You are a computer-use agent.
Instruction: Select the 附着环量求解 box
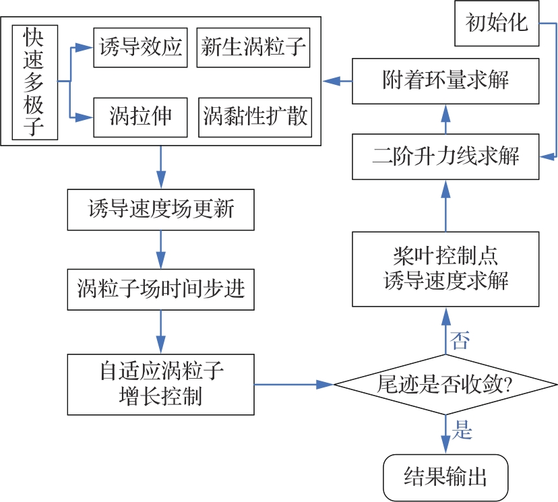(x=445, y=81)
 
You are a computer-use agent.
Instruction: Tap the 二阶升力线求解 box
(x=445, y=156)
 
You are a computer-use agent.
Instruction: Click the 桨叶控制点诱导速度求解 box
(x=445, y=269)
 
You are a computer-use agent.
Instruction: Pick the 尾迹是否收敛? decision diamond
(x=445, y=385)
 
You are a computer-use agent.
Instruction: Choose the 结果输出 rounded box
(x=445, y=477)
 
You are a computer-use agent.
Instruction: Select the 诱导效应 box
(x=140, y=48)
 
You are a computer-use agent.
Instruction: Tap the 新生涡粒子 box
(x=253, y=48)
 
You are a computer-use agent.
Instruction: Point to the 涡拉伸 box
(x=140, y=117)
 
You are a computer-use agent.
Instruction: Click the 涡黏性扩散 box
(x=255, y=117)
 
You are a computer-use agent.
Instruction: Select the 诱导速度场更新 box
(x=160, y=209)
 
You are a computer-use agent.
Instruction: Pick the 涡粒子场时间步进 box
(x=160, y=289)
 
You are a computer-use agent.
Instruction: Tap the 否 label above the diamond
(x=460, y=340)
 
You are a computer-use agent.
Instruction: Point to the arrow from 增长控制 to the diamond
(x=294, y=385)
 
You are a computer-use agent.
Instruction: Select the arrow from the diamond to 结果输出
(x=445, y=435)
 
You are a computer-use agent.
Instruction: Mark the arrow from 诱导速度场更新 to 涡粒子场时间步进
(x=160, y=249)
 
